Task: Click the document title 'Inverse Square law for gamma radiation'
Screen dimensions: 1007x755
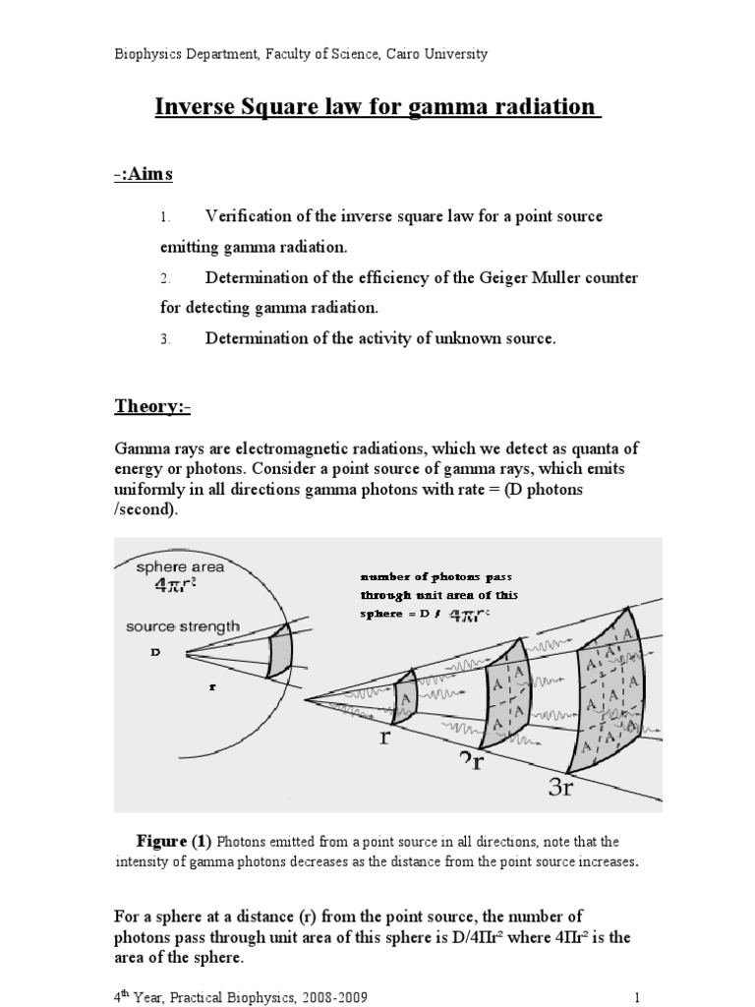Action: pos(377,106)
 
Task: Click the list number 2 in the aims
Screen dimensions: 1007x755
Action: pos(166,278)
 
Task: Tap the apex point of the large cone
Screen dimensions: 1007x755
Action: pos(307,700)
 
